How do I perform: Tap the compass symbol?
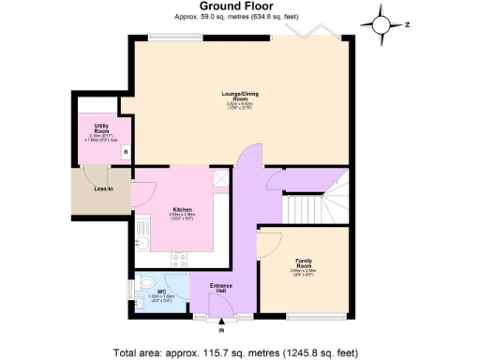[383, 24]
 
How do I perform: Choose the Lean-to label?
[103, 190]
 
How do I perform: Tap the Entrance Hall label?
[221, 288]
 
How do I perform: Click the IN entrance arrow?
[221, 322]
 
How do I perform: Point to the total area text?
[234, 352]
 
